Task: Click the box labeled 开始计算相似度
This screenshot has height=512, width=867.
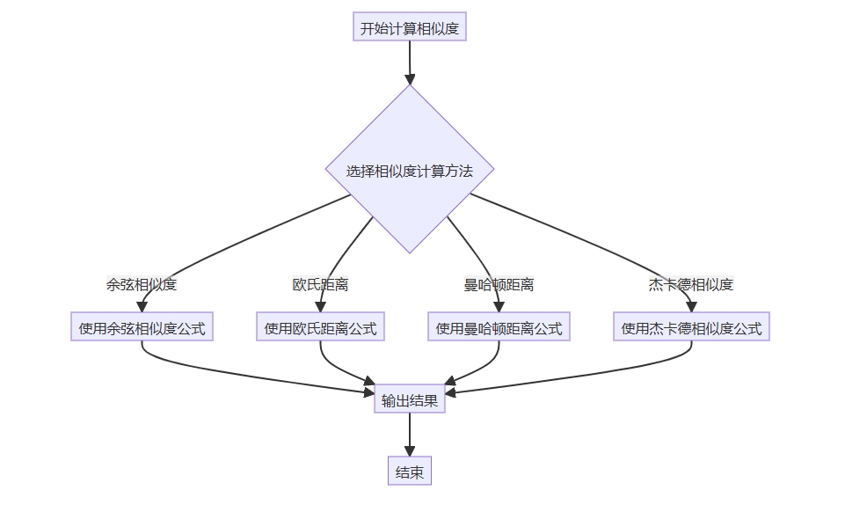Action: point(409,27)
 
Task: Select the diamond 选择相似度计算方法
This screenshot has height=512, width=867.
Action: point(409,169)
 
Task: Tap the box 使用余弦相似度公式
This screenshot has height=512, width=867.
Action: point(142,328)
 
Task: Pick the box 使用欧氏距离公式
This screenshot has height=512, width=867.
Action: point(320,328)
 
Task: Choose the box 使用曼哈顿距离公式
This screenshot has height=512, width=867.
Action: point(499,328)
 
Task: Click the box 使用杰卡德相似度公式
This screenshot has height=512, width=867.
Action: point(691,328)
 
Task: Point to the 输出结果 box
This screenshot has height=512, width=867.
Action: point(409,400)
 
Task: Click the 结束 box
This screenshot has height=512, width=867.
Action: point(409,472)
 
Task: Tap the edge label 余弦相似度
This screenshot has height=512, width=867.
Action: point(142,285)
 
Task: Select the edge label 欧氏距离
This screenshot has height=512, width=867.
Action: point(320,285)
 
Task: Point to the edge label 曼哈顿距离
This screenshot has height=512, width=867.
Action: point(499,285)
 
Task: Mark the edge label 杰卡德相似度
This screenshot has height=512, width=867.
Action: point(691,285)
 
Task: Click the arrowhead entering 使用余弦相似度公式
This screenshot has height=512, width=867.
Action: point(142,307)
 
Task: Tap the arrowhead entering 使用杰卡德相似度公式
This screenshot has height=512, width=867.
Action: point(691,307)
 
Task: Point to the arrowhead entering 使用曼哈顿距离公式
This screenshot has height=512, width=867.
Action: point(499,307)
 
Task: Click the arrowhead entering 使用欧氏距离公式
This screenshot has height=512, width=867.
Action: point(320,307)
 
